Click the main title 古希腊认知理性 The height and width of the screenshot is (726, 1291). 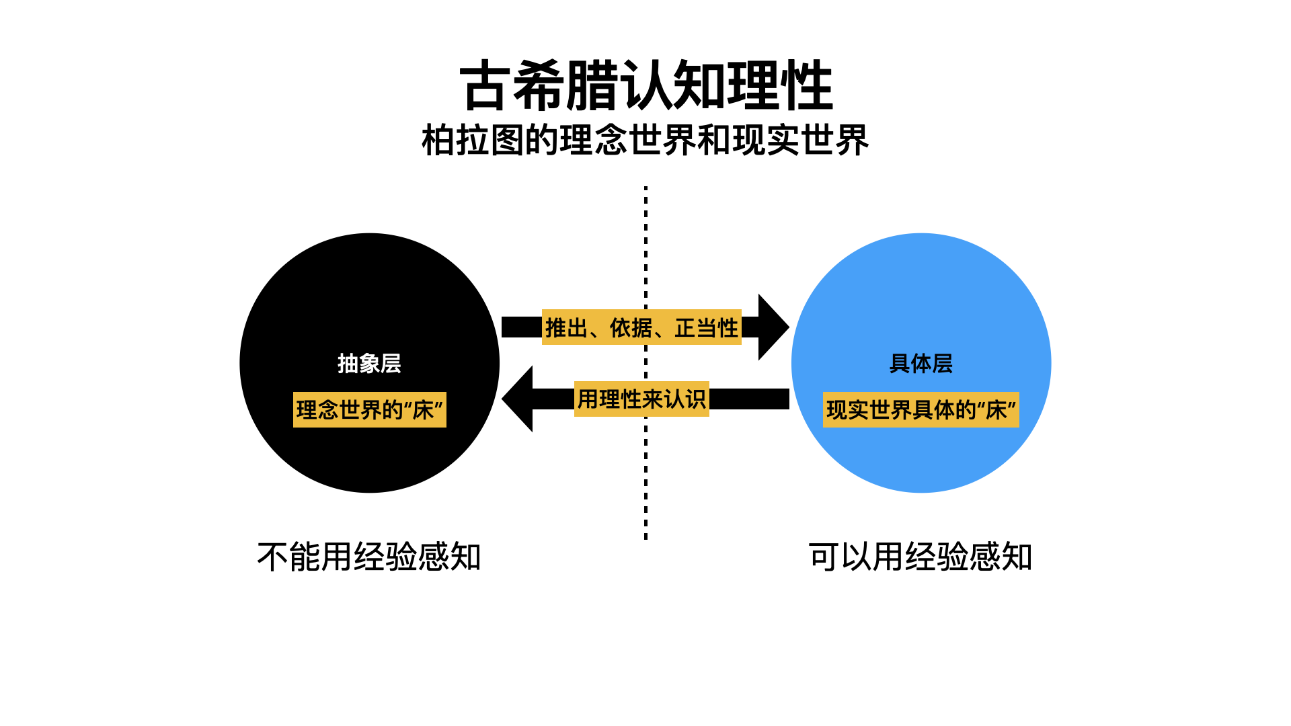(645, 85)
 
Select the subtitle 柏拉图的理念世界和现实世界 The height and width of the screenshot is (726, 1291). (645, 140)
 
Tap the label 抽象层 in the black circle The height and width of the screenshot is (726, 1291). (369, 364)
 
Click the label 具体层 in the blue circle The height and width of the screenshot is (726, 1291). (921, 364)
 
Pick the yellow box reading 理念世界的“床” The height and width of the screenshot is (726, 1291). (369, 409)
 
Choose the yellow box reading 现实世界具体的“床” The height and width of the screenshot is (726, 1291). (921, 409)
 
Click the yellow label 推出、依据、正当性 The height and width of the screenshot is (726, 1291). (641, 327)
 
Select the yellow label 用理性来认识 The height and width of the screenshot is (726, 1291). (641, 399)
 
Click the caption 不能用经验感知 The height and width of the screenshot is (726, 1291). (369, 557)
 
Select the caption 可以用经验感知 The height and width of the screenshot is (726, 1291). (921, 557)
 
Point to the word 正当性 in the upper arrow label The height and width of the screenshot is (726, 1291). (706, 327)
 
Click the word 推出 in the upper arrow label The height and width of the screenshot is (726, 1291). (566, 327)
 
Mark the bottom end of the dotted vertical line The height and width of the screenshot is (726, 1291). (645, 537)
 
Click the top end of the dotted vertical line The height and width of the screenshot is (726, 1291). (645, 189)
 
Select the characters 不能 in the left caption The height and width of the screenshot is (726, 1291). (289, 557)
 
